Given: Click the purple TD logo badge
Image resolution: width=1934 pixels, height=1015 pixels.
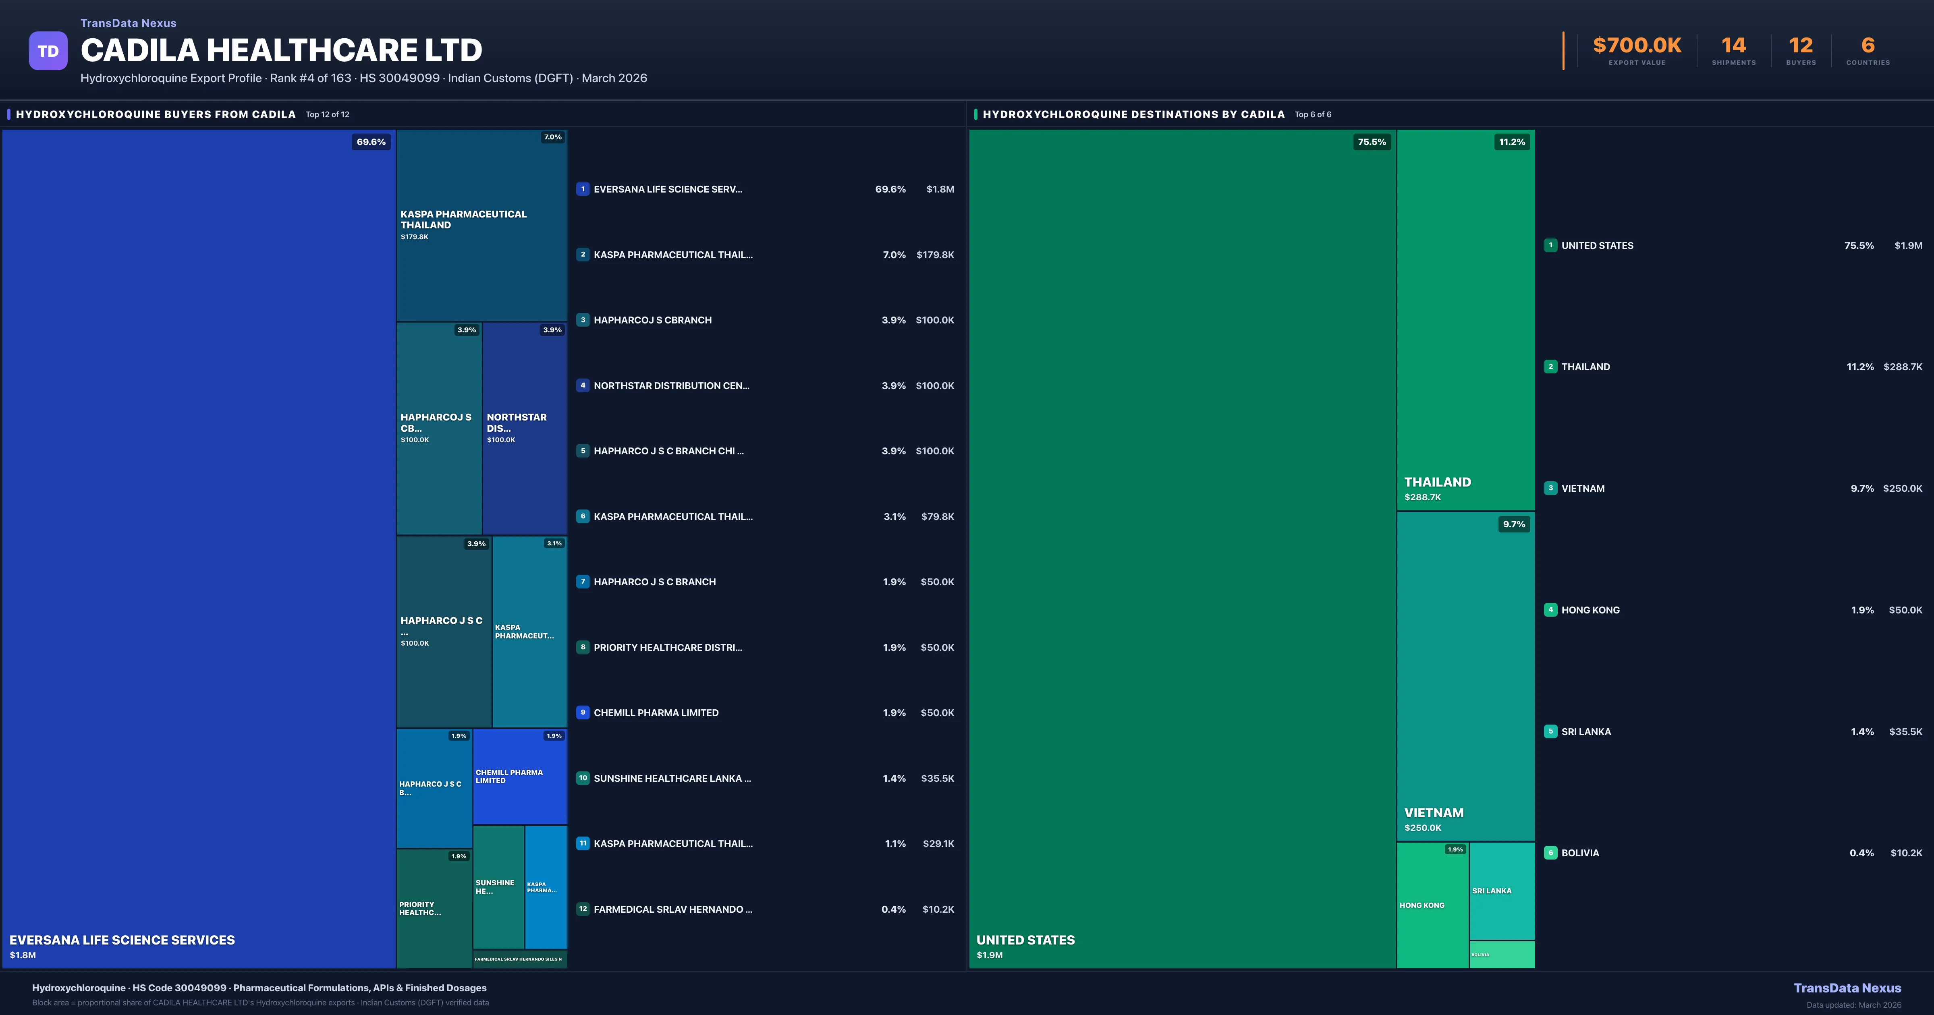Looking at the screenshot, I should click(48, 51).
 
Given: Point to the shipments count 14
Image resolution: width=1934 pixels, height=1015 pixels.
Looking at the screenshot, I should click(1733, 46).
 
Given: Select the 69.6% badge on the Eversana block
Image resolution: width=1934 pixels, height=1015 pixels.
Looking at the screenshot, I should click(371, 142).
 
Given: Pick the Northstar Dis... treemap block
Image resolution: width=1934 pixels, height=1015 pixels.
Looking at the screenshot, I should click(524, 428).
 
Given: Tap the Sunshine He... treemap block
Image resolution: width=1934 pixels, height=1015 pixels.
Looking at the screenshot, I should click(498, 887).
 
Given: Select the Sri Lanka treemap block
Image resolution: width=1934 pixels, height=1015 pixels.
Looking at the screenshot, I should click(1502, 891).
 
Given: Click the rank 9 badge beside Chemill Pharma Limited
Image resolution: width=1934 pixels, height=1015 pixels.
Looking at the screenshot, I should click(583, 713).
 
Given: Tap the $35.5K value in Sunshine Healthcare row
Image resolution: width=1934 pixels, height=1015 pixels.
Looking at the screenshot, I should click(937, 779).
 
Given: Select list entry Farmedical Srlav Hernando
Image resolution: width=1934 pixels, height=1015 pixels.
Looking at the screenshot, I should click(672, 909).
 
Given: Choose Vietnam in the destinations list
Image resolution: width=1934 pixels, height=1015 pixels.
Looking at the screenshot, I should click(1583, 489).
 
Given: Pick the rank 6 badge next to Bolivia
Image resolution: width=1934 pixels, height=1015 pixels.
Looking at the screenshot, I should click(1550, 853).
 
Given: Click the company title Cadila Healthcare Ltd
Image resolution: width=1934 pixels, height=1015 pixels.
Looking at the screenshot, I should click(282, 50).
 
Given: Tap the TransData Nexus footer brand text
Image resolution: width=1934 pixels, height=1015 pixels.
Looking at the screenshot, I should click(1847, 988).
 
